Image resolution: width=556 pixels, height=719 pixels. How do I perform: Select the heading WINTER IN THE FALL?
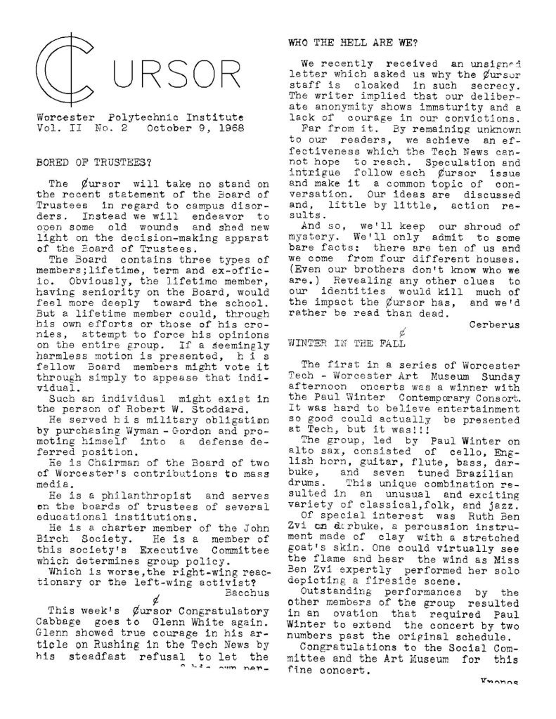pos(347,343)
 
